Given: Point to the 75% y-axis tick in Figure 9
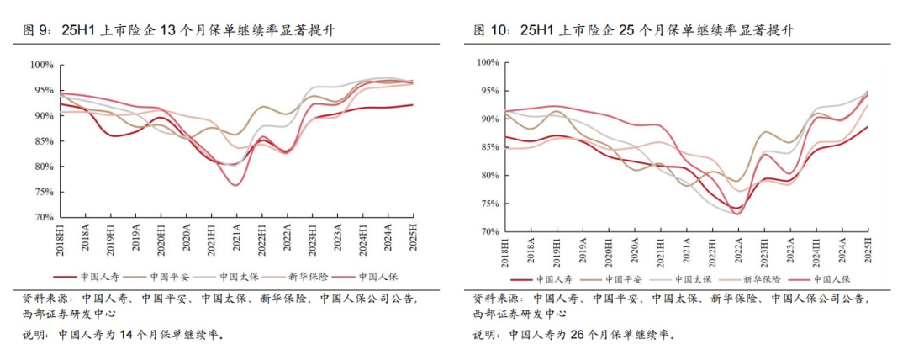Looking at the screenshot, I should [x=42, y=192].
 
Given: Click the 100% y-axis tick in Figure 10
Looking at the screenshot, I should [x=489, y=62].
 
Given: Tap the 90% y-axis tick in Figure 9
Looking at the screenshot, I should [x=42, y=115].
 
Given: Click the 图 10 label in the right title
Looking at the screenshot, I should [x=492, y=31].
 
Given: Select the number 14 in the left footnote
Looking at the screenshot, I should [x=124, y=335].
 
